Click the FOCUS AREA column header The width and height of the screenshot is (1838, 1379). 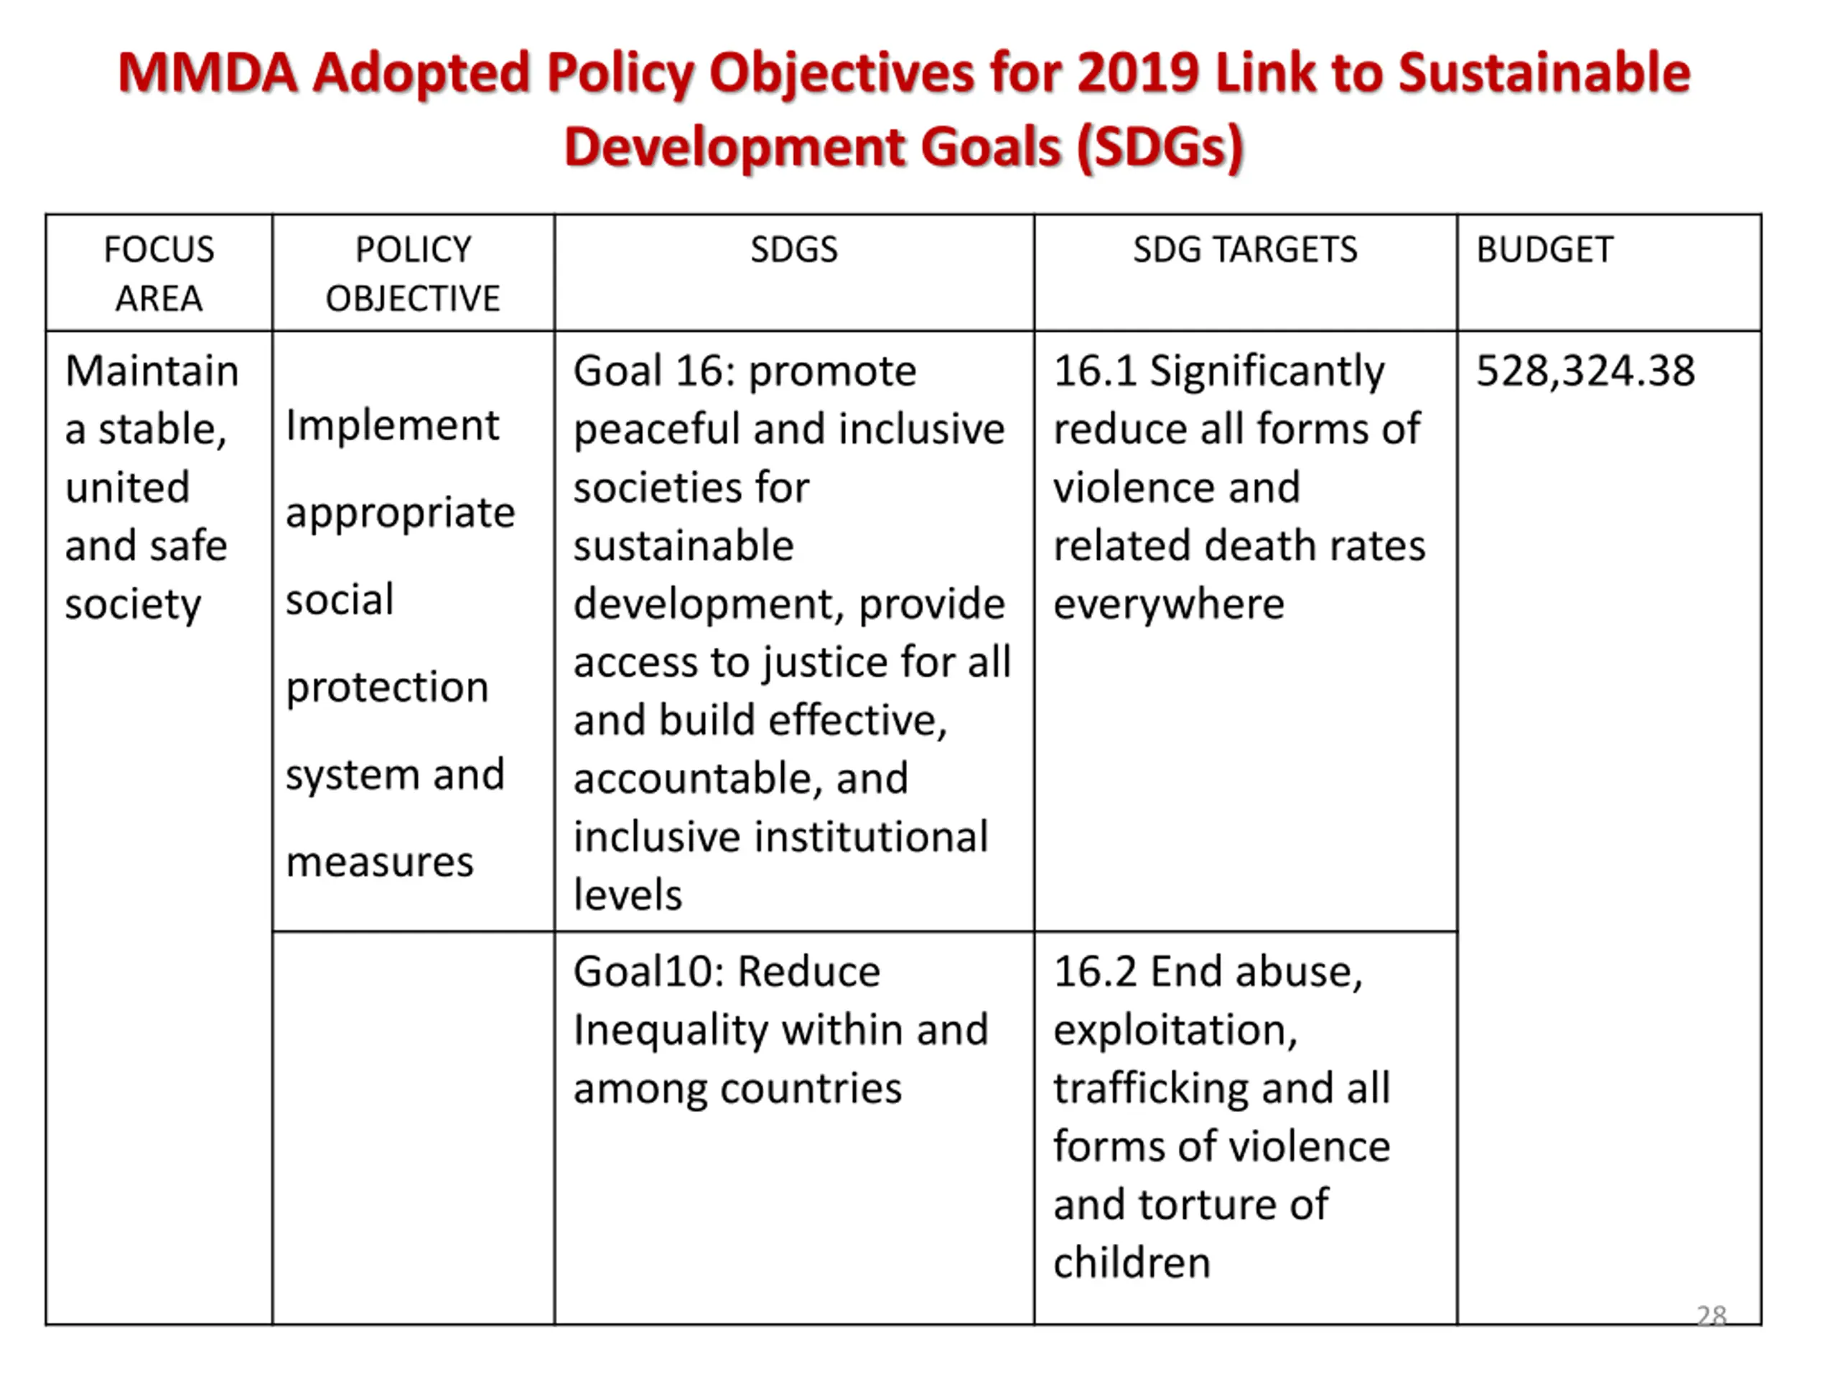coord(159,274)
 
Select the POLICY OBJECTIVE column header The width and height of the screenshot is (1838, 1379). coord(413,274)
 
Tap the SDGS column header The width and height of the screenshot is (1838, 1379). coord(793,249)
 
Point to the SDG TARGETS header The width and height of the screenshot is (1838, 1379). coord(1245,249)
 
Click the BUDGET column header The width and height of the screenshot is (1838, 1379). coord(1544,249)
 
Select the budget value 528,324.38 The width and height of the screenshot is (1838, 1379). coord(1585,371)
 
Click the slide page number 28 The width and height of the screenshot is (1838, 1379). coord(1711,1315)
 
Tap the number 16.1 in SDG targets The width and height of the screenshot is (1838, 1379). coord(1094,371)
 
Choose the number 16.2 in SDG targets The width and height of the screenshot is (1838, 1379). coord(1094,971)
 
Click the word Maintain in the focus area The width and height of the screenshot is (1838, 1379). coord(152,371)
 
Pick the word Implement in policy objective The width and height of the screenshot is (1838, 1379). coord(392,426)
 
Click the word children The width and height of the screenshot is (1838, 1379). coord(1132,1263)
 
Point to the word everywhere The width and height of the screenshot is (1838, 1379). coord(1168,604)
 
